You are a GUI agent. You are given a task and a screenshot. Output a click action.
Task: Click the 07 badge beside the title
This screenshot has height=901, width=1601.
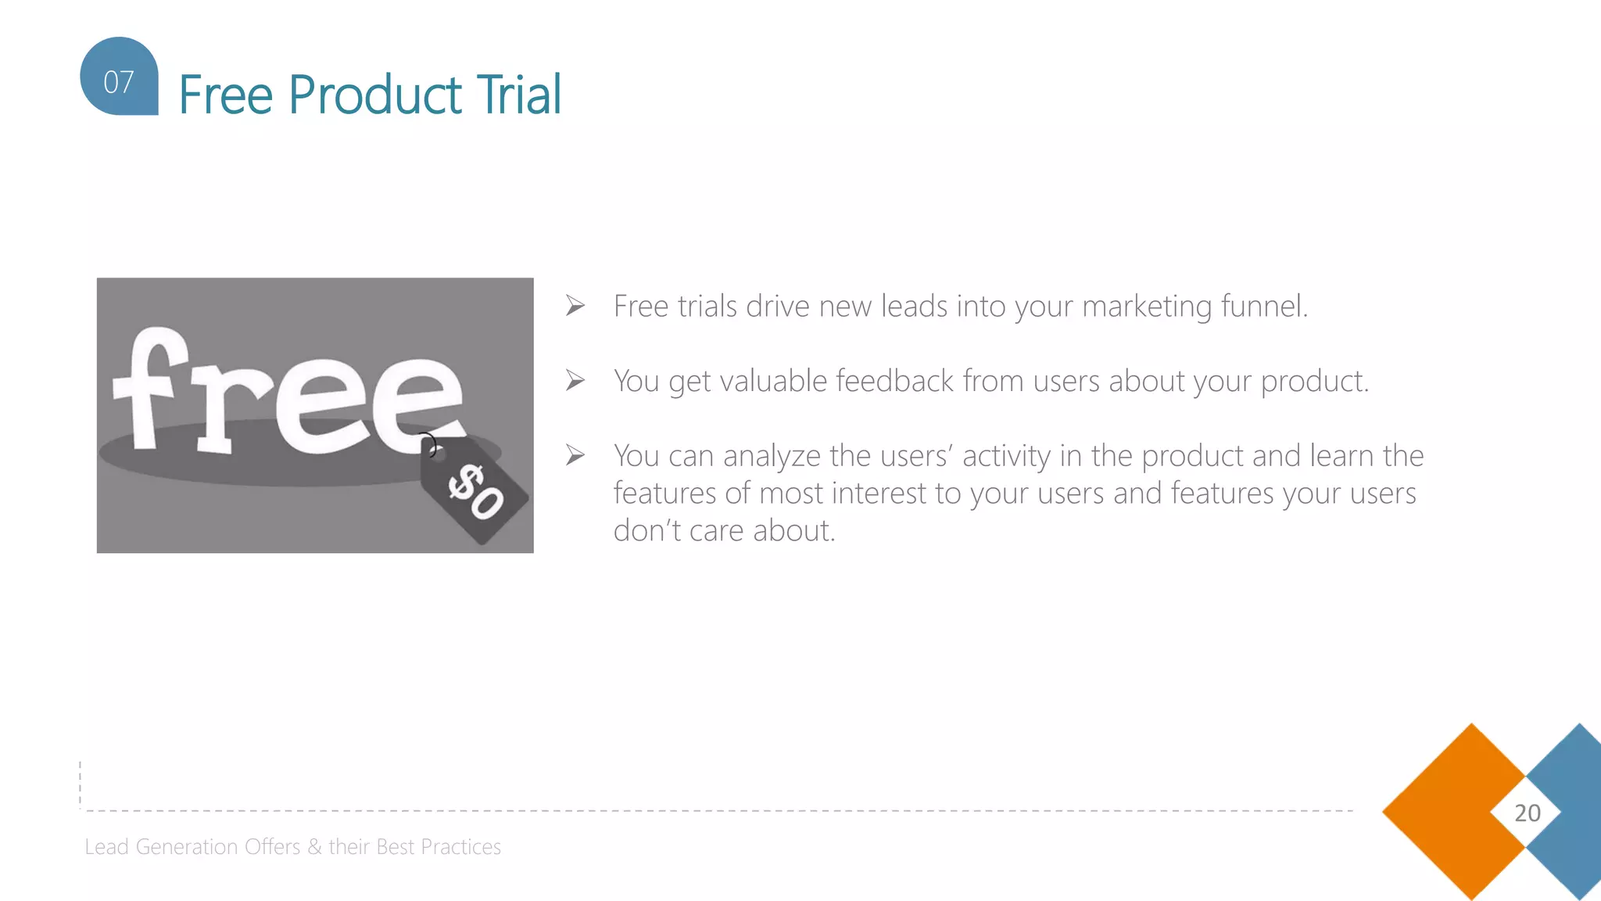[119, 78]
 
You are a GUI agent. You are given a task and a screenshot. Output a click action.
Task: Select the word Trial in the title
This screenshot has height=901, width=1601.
[519, 95]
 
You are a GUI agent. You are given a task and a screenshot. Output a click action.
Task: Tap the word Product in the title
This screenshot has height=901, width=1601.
[375, 95]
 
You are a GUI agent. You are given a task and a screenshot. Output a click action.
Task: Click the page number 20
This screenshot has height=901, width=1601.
[1527, 813]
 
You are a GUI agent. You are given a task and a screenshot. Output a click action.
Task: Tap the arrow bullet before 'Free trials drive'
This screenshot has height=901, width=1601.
[575, 306]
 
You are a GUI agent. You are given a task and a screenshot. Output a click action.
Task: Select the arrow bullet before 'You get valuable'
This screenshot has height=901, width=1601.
[575, 381]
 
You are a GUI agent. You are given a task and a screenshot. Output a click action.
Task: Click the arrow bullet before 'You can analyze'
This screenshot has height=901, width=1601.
[575, 455]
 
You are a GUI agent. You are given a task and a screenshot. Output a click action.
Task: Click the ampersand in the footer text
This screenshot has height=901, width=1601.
[314, 847]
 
